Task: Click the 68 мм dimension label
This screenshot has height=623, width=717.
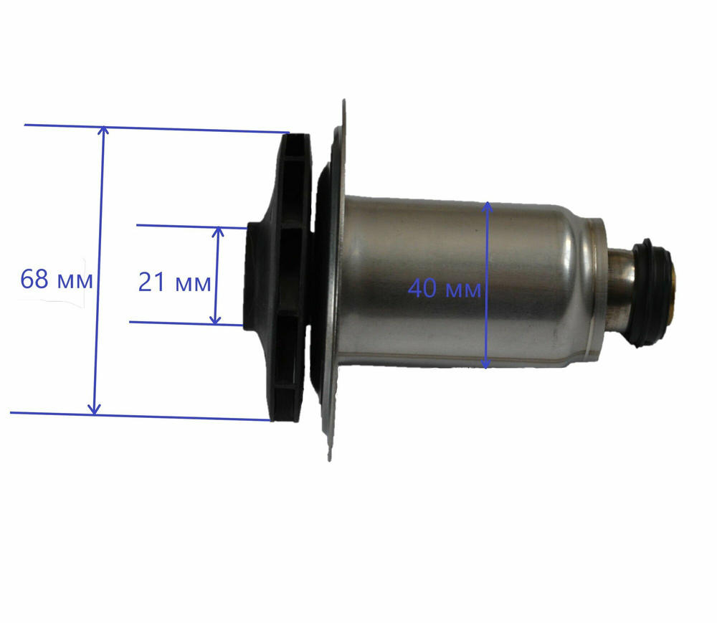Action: (57, 279)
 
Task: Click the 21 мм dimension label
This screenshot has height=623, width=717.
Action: (174, 282)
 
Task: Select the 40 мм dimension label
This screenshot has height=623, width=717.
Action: (445, 288)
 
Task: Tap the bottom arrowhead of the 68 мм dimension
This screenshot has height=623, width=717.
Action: (94, 410)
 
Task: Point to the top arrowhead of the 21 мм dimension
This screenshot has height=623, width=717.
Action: (219, 232)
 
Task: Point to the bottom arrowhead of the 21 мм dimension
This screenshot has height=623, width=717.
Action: (215, 320)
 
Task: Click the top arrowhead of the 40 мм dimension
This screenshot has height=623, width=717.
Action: (488, 206)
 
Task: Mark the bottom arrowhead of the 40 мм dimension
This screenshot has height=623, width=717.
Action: (485, 363)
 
